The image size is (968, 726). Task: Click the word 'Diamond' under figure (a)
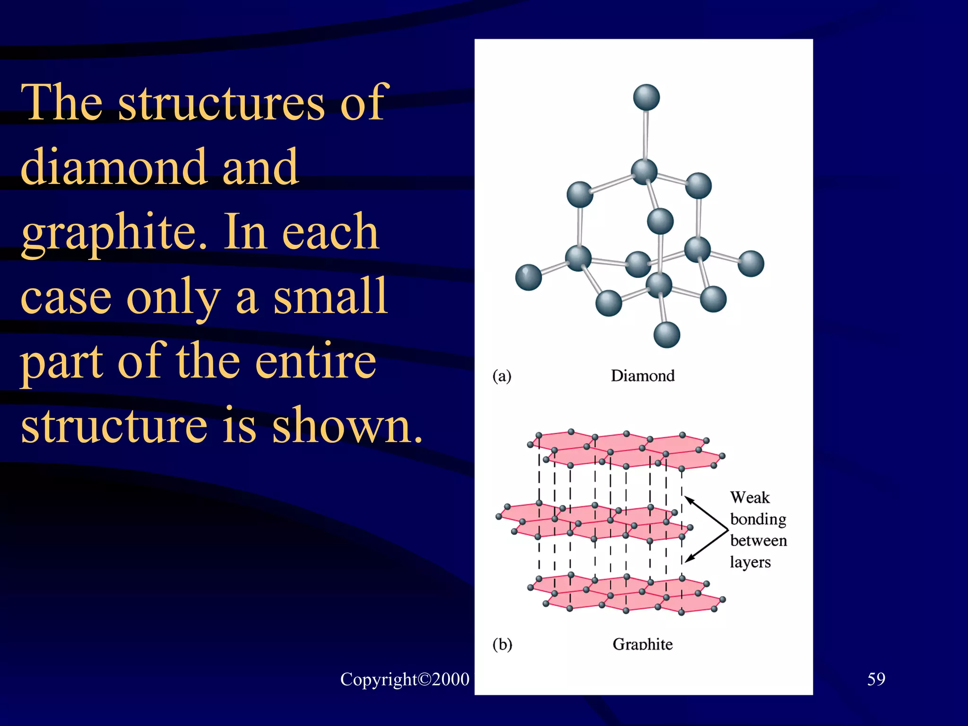(642, 376)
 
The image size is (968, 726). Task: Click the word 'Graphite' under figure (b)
(642, 644)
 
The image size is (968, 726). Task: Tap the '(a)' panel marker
(501, 376)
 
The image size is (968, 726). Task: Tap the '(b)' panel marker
(502, 644)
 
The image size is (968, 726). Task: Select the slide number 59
(876, 679)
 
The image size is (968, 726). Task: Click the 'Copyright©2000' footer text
(405, 679)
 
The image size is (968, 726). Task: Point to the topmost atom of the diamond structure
(646, 97)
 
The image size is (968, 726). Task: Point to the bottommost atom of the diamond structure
(666, 335)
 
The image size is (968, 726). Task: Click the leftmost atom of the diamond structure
(528, 277)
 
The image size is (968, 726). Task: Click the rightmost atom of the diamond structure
(751, 263)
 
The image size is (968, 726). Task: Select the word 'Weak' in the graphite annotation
(750, 498)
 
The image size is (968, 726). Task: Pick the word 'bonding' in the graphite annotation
(758, 519)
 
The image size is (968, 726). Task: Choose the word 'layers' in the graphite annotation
(750, 562)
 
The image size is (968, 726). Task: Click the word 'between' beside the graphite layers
(759, 540)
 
